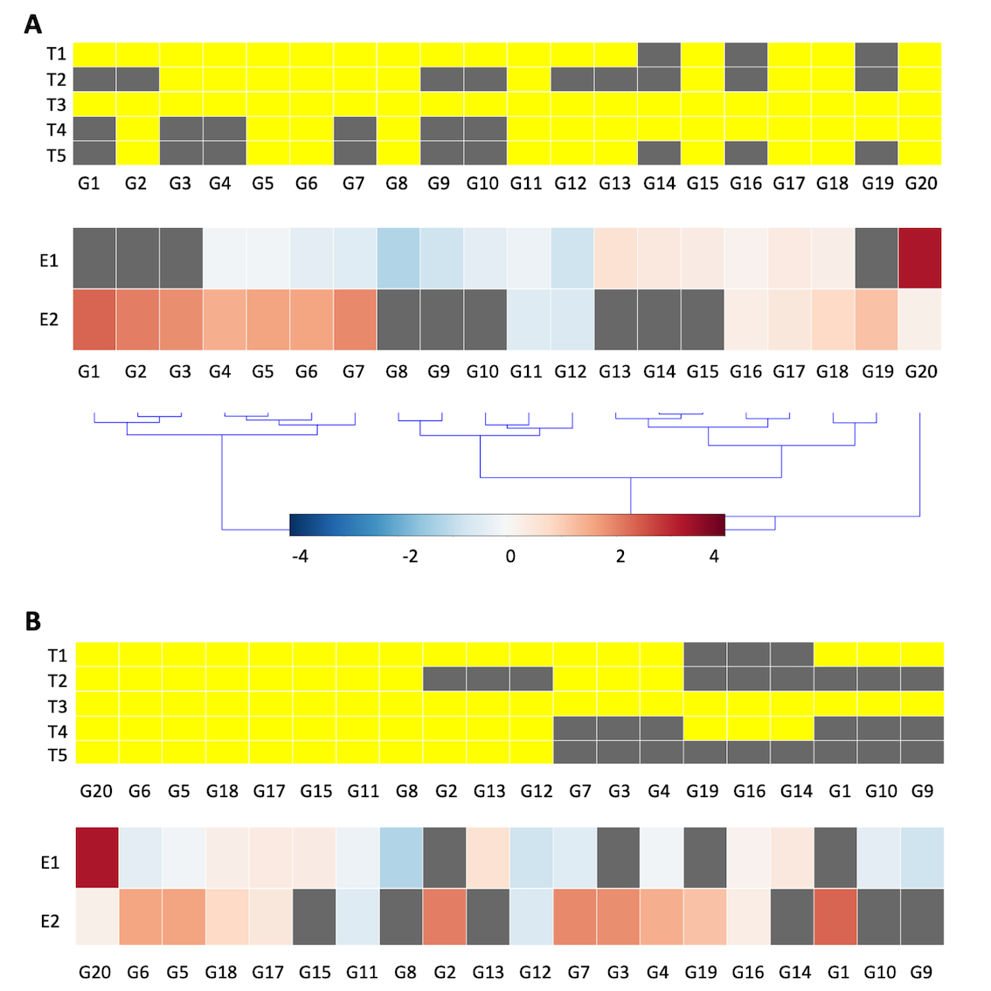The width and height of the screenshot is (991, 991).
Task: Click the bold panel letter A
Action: pyautogui.click(x=32, y=24)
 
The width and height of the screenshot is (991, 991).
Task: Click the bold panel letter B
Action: pyautogui.click(x=32, y=621)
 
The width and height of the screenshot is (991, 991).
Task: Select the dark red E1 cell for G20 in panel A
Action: pyautogui.click(x=920, y=258)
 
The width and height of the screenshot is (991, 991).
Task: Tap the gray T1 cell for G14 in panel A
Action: pyautogui.click(x=659, y=54)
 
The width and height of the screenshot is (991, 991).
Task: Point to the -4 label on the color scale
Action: pyautogui.click(x=300, y=557)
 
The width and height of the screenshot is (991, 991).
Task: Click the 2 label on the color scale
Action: pyautogui.click(x=620, y=557)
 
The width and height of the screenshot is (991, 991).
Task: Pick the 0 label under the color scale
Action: pyautogui.click(x=510, y=557)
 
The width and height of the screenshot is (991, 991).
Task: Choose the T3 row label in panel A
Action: pyautogui.click(x=56, y=105)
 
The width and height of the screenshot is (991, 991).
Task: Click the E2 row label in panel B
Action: pyautogui.click(x=51, y=921)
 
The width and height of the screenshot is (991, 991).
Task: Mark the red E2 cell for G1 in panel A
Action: pyautogui.click(x=94, y=320)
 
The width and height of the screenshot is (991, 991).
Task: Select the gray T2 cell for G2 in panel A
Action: pyautogui.click(x=137, y=80)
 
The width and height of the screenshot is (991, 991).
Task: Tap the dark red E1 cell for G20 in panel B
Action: pyautogui.click(x=97, y=857)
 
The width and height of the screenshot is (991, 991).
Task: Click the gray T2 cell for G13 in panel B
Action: pyautogui.click(x=488, y=679)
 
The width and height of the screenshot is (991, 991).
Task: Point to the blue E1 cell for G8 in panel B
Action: pyautogui.click(x=401, y=857)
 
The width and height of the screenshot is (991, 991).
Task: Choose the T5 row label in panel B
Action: pyautogui.click(x=57, y=755)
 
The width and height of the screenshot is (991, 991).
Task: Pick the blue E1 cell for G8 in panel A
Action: pyautogui.click(x=398, y=258)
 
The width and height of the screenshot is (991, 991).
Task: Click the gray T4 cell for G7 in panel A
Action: pyautogui.click(x=355, y=129)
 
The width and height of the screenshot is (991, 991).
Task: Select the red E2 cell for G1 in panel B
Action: pyautogui.click(x=835, y=917)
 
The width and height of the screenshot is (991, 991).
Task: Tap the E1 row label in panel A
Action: pyautogui.click(x=49, y=260)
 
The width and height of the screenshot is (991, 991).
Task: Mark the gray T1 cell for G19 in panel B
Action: pyautogui.click(x=705, y=655)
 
